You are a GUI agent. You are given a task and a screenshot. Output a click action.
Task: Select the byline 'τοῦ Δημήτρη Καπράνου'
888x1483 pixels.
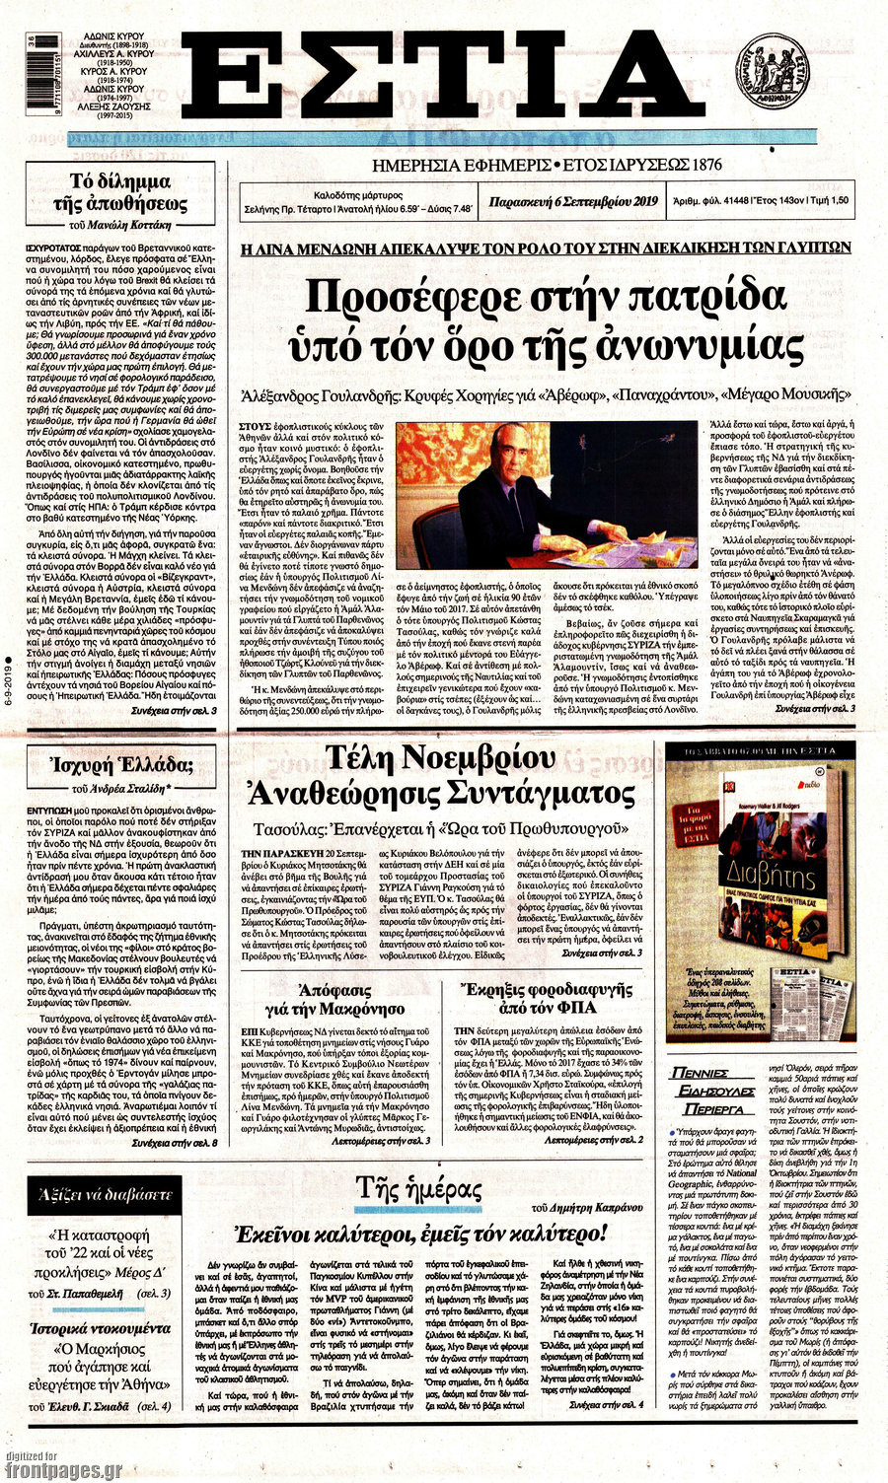tap(581, 1207)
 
